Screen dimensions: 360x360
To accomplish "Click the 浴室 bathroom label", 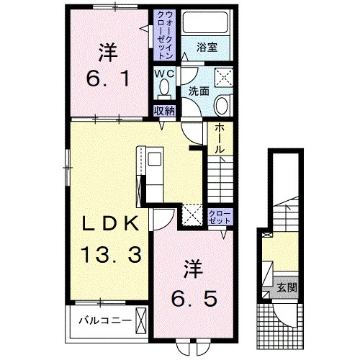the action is pyautogui.click(x=207, y=48).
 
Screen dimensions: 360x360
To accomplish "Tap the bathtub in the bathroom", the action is pyautogui.click(x=204, y=22).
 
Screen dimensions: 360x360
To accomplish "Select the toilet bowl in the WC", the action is pyautogui.click(x=164, y=87).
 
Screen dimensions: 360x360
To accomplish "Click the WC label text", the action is pyautogui.click(x=164, y=74).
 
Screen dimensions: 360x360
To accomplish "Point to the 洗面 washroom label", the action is pyautogui.click(x=199, y=91).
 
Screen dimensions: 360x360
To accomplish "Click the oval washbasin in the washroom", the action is pyautogui.click(x=222, y=106).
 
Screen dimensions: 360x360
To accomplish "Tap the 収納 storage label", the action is pyautogui.click(x=165, y=111).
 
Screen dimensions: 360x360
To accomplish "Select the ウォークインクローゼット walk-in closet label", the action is pyautogui.click(x=165, y=35).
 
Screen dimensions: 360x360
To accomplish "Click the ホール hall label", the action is pyautogui.click(x=219, y=139).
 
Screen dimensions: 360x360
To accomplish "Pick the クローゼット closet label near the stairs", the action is pyautogui.click(x=220, y=217).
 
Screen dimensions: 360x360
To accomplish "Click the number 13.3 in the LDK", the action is pyautogui.click(x=111, y=255).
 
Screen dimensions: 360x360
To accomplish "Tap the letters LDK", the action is pyautogui.click(x=111, y=223).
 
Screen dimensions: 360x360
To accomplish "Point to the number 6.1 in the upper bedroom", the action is pyautogui.click(x=108, y=79).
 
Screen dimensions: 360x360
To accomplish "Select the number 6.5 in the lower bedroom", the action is pyautogui.click(x=194, y=298).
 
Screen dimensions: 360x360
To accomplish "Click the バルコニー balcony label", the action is pyautogui.click(x=106, y=320).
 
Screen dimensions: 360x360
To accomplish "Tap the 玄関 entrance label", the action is pyautogui.click(x=287, y=287).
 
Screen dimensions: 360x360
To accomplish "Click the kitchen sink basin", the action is pyautogui.click(x=154, y=158).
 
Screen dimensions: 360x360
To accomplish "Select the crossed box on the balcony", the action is pyautogui.click(x=141, y=320).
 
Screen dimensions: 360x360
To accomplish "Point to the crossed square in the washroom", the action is pyautogui.click(x=224, y=77).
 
